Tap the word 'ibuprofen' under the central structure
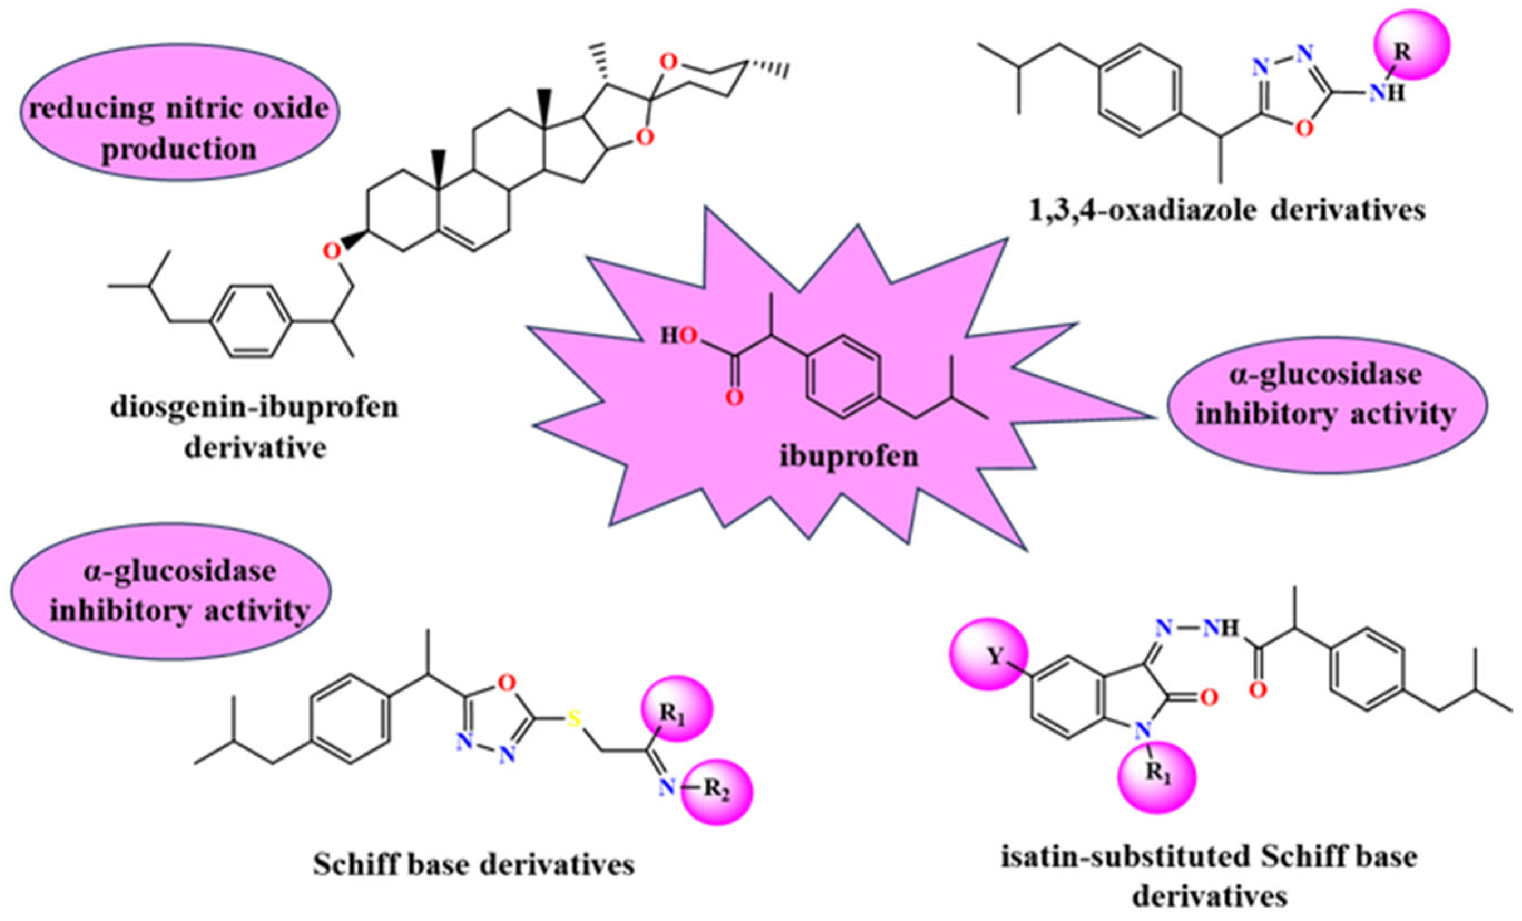point(847,457)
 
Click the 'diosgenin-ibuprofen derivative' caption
point(255,428)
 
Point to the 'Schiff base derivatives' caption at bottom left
point(474,865)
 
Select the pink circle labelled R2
point(716,792)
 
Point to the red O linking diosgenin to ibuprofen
point(332,251)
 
